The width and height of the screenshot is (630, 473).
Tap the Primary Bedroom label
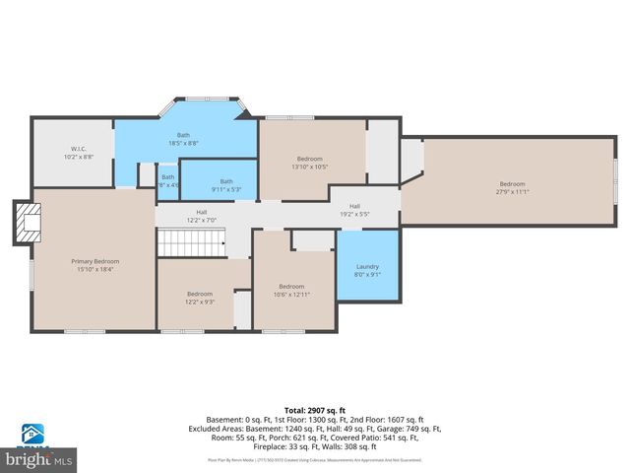pos(94,261)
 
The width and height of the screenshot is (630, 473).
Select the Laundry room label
pos(367,266)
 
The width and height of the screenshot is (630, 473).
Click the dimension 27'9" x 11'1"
pos(512,192)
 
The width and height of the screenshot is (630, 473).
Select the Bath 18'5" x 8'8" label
pos(183,135)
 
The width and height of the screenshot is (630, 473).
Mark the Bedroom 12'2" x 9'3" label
pos(200,294)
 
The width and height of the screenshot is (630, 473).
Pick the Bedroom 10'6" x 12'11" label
pos(291,287)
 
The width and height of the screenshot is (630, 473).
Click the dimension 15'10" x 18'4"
pos(94,269)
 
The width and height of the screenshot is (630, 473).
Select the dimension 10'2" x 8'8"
pos(78,156)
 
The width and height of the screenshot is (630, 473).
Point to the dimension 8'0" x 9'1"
pos(367,275)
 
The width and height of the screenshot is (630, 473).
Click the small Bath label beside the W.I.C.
pos(168,177)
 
